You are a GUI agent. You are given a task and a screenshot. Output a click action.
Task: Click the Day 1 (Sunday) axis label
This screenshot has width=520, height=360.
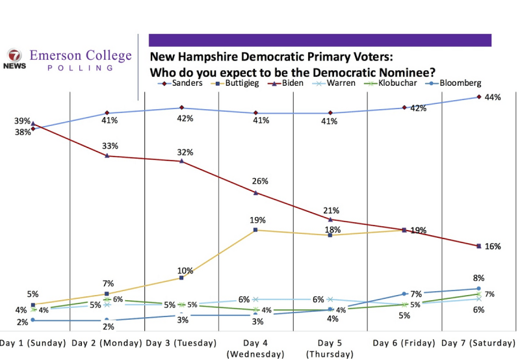point(32,342)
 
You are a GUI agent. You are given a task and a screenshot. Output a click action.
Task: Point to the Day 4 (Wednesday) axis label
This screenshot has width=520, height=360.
point(255,348)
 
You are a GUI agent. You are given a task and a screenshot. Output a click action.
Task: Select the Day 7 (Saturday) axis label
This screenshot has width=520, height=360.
point(479,342)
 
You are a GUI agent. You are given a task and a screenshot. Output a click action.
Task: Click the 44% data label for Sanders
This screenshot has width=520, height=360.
point(493,97)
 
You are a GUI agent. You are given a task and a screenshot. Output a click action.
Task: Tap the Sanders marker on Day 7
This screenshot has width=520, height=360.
point(478,97)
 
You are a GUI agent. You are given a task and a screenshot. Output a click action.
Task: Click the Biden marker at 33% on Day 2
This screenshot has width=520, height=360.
point(107,155)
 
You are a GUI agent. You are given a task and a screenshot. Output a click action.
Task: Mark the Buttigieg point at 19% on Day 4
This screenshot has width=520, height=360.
point(255,230)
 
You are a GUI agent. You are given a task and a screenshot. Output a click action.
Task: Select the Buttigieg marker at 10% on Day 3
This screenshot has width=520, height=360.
point(181,277)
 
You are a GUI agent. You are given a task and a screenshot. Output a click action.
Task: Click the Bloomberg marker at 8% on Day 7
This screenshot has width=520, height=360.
point(478,289)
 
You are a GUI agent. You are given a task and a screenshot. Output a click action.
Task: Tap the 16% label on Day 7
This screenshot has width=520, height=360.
point(493,247)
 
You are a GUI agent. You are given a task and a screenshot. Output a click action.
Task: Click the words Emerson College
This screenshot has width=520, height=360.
point(81,56)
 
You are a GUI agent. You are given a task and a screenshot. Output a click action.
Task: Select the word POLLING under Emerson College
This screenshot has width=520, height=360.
point(81,68)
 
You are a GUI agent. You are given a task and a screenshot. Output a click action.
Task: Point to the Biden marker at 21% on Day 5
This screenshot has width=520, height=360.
point(330,220)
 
